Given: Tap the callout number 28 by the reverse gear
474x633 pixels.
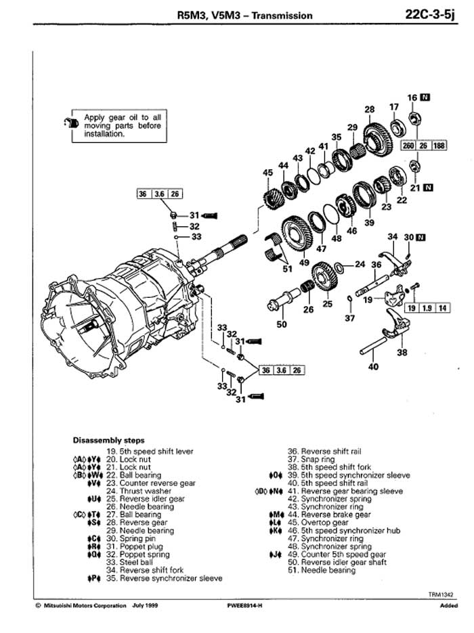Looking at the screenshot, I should [369, 109].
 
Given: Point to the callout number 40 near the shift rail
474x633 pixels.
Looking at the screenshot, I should [373, 368].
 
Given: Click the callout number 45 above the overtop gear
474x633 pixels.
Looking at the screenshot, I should [267, 173].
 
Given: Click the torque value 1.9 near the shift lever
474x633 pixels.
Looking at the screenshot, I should [426, 307].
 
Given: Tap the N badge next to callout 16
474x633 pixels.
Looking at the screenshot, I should [425, 97].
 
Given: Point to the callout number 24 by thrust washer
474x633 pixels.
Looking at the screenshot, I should [360, 264].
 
